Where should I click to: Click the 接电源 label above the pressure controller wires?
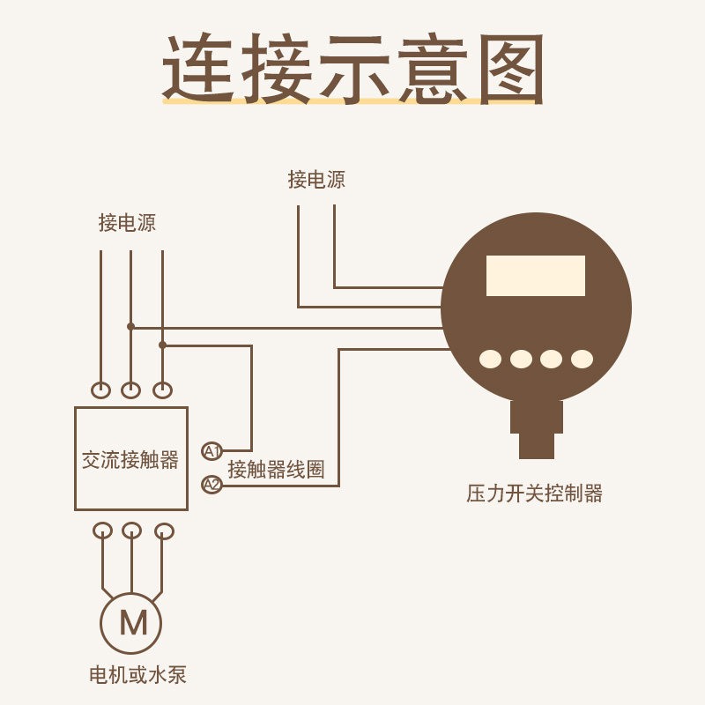(316, 180)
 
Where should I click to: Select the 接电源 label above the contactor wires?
(127, 223)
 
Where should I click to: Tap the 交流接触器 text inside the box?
(130, 459)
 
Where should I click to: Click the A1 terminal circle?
(211, 451)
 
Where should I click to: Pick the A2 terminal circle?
(211, 484)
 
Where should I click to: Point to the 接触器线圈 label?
(276, 470)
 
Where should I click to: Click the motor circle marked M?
(131, 622)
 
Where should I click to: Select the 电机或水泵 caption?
(138, 676)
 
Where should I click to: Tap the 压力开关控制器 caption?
(534, 493)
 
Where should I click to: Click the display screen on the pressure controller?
(535, 276)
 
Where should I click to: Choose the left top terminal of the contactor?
(101, 390)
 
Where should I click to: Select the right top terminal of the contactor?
(163, 390)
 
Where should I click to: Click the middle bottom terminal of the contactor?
(131, 531)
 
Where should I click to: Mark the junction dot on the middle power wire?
(130, 326)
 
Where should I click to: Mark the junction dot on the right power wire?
(162, 345)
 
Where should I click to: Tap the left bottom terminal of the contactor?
(102, 531)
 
